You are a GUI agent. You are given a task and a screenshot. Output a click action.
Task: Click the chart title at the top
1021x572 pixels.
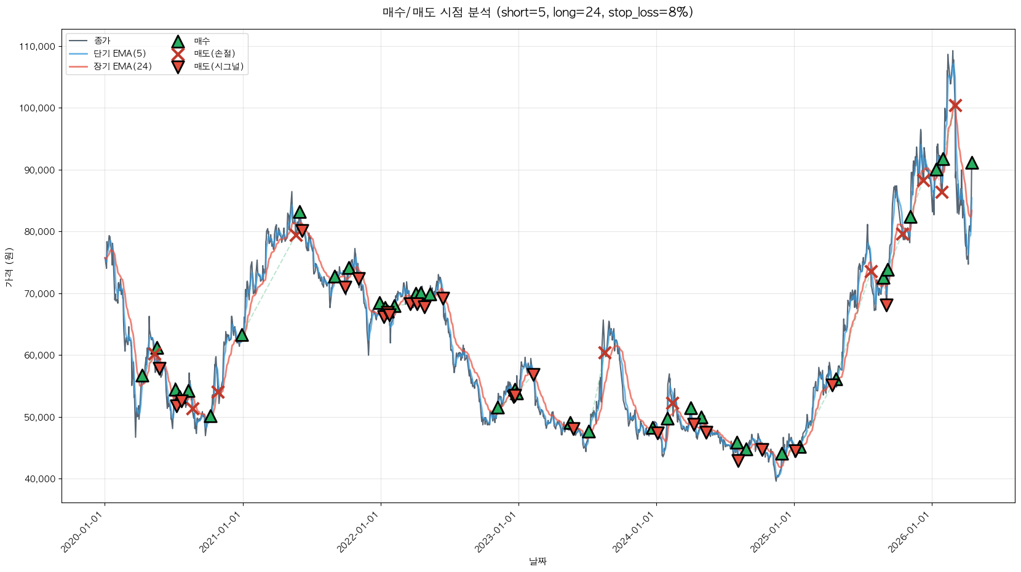click(x=538, y=12)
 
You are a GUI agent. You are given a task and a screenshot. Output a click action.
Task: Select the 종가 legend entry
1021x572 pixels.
click(x=102, y=41)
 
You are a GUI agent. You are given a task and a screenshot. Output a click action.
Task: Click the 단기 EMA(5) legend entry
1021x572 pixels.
click(x=119, y=54)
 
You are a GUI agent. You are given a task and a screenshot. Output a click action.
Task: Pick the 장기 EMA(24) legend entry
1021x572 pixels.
click(x=122, y=66)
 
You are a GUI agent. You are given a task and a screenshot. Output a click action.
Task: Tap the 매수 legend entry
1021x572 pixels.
click(x=202, y=41)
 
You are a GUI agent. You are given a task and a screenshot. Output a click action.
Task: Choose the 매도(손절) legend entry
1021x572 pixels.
click(x=214, y=54)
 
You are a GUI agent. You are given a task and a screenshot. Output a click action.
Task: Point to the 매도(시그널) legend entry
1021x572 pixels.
click(x=218, y=66)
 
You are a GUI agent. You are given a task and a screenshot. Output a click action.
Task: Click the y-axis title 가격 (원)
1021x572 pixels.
click(x=9, y=267)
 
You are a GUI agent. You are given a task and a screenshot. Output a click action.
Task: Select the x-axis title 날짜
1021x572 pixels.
click(x=538, y=561)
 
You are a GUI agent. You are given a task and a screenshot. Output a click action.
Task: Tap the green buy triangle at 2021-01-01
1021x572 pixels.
click(x=242, y=335)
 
